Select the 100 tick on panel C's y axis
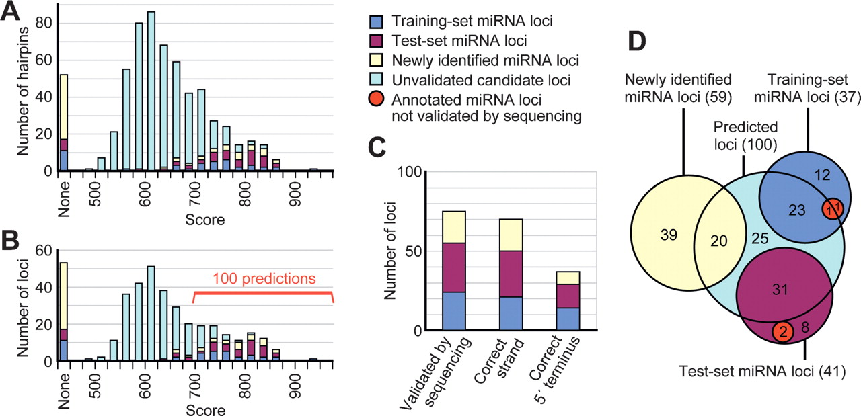pos(414,172)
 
